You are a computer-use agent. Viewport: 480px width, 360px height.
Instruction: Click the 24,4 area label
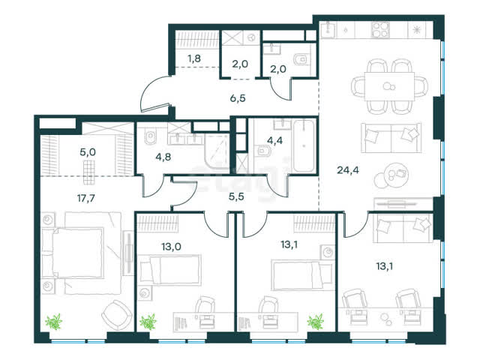coord(348,170)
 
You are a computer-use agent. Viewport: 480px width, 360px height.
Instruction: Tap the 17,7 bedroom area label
coord(86,198)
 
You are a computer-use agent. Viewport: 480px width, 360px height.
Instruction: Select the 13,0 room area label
coord(171,246)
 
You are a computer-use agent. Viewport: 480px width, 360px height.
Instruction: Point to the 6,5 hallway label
coord(238,98)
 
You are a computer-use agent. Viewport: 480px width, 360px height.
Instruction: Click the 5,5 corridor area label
coord(236,196)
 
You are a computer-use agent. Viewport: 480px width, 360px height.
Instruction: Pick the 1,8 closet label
coord(194,58)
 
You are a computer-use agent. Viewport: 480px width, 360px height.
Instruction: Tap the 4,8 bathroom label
coord(163,157)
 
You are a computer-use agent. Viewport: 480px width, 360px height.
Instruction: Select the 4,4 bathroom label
coord(274,140)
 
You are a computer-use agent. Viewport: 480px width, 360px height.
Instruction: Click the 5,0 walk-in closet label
coord(88,151)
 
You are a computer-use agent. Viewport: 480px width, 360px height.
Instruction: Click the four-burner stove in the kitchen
coord(381,30)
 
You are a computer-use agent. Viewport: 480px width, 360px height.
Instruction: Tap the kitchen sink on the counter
coord(328,29)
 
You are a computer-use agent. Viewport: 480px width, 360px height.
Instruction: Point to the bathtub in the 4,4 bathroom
coord(304,145)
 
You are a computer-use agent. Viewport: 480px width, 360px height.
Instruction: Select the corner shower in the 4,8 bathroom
coord(217,151)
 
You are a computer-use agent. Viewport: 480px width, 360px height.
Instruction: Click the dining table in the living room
coord(389,86)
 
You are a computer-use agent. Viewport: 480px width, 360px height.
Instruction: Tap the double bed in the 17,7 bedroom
coord(78,253)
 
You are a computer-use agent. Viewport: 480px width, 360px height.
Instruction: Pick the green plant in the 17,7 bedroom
coord(54,322)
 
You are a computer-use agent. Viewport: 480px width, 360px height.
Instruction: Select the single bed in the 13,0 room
coord(170,269)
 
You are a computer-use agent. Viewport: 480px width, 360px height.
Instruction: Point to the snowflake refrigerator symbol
coord(416,30)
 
